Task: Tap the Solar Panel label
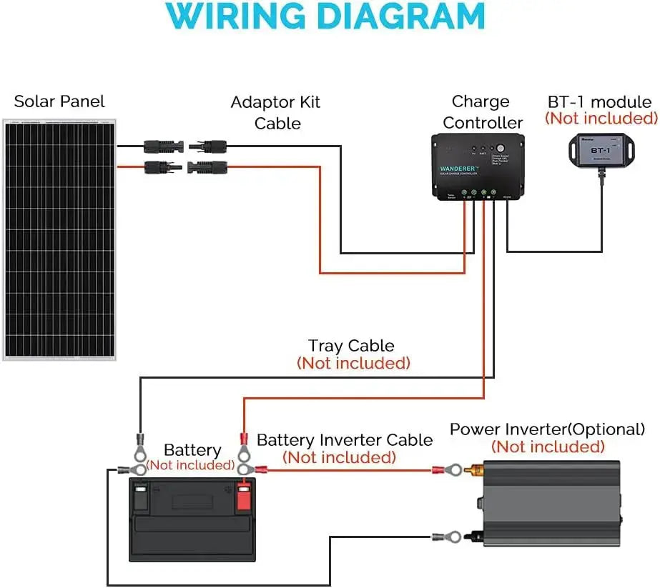point(59,101)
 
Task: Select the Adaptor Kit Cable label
point(276,112)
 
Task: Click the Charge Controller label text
point(482,112)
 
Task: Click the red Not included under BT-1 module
point(601,119)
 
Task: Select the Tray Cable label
point(351,346)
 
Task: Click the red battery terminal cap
point(243,497)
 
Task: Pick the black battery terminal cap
point(141,497)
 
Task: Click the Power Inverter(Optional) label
point(547,429)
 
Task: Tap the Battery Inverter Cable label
point(345,439)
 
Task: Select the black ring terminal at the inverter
point(450,534)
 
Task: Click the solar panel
point(59,240)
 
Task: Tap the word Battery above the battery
point(192,450)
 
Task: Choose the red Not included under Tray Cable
point(353,363)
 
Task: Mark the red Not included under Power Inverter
point(548,447)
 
